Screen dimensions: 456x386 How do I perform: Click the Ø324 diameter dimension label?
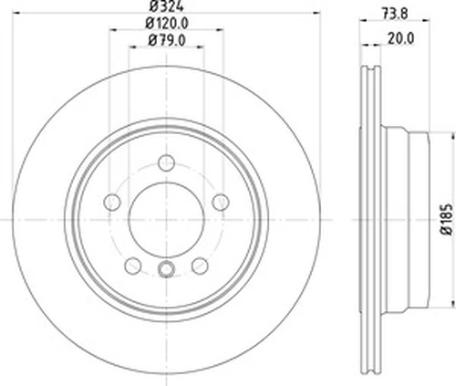167,6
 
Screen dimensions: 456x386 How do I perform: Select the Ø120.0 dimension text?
167,23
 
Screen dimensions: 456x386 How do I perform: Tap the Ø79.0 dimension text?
167,40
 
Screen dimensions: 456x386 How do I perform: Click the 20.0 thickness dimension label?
400,39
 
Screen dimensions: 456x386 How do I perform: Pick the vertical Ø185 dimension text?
447,219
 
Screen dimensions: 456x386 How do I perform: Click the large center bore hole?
166,219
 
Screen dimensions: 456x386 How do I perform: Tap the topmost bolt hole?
166,163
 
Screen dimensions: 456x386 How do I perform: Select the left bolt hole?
112,202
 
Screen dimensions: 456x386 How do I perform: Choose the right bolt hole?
221,202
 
